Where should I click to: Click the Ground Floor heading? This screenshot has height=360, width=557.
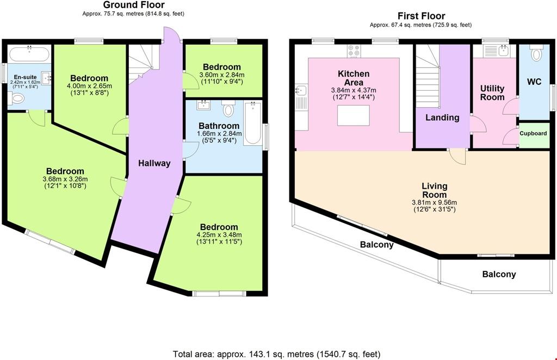point(134,5)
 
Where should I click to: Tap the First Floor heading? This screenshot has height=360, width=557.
point(422,16)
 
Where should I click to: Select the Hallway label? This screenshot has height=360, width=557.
point(154,163)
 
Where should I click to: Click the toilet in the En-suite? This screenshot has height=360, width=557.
point(16,98)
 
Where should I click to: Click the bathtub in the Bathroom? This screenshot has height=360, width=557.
point(253,123)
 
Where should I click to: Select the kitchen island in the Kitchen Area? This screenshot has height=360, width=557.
point(354,115)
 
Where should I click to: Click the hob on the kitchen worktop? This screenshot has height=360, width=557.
point(354,51)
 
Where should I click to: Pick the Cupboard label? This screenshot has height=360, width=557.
point(533,133)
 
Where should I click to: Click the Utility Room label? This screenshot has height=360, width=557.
point(492,92)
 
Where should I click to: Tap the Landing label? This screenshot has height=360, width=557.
point(442,117)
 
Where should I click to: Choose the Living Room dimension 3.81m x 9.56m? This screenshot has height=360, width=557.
point(435,202)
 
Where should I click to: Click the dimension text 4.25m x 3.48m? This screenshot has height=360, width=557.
point(219,235)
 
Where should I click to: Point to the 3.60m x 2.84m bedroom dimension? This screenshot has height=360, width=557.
point(222,75)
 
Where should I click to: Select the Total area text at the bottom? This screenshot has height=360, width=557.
point(277,354)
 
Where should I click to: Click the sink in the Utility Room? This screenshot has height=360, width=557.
point(503,51)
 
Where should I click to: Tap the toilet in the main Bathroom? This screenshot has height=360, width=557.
point(228,109)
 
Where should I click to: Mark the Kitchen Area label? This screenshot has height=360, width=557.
point(354,78)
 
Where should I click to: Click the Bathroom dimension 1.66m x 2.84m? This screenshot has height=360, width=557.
point(219,133)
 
